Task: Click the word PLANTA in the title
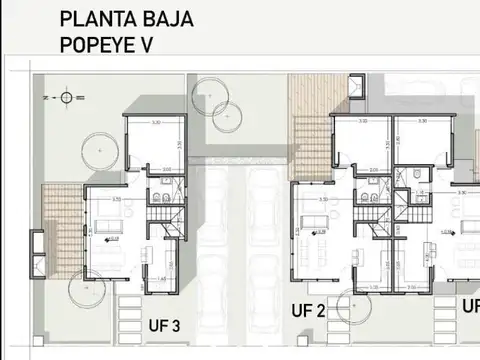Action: click(x=94, y=18)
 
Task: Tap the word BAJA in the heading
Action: click(x=167, y=18)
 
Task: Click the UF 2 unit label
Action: click(x=308, y=310)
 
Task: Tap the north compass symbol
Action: click(x=66, y=97)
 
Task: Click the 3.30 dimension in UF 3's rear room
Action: click(x=155, y=122)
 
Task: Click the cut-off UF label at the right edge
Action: click(x=470, y=305)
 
